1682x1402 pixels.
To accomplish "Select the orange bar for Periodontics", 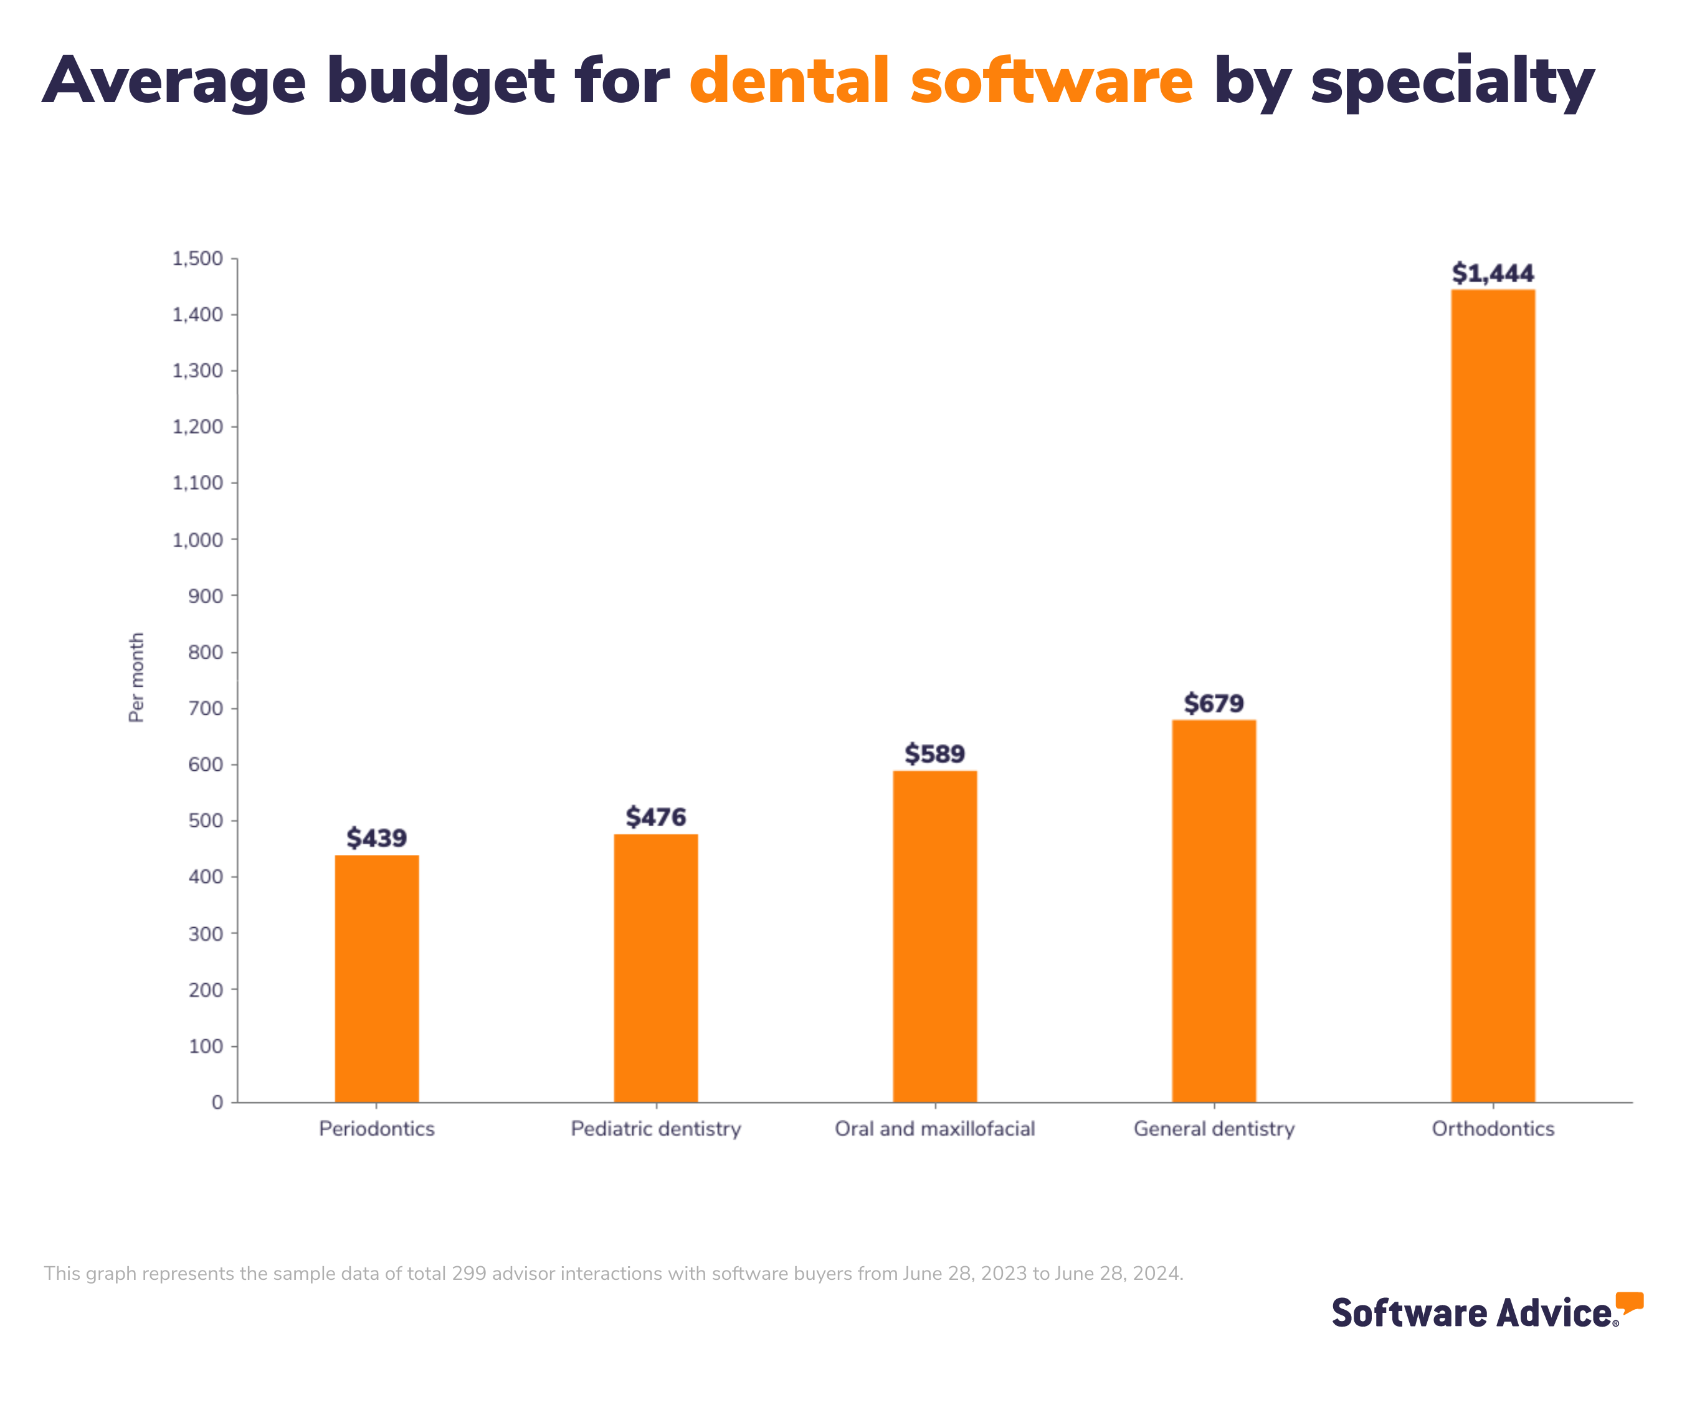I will (x=376, y=978).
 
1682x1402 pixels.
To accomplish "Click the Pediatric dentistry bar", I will (x=656, y=968).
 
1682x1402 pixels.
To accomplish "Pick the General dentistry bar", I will (x=1214, y=911).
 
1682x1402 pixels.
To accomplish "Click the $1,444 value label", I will (x=1493, y=273).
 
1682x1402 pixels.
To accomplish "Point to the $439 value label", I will (x=376, y=838).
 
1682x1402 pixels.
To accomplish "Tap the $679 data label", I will (x=1214, y=703).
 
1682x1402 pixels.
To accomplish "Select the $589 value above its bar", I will (x=934, y=754).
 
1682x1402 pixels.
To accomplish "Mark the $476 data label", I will (x=656, y=817).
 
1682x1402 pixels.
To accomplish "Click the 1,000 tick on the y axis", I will (x=198, y=540).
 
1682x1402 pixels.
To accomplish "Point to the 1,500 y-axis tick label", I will (x=198, y=259).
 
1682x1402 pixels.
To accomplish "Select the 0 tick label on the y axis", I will (x=217, y=1102).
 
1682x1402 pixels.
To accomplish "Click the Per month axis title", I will (x=137, y=677).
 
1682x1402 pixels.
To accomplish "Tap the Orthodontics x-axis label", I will (x=1493, y=1129).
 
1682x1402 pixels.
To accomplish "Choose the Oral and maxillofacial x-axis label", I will (x=934, y=1129).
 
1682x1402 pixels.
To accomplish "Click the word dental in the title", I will (x=789, y=81).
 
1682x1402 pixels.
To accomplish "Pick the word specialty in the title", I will (x=1452, y=82).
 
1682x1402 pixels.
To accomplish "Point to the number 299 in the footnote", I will (x=468, y=1274).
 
